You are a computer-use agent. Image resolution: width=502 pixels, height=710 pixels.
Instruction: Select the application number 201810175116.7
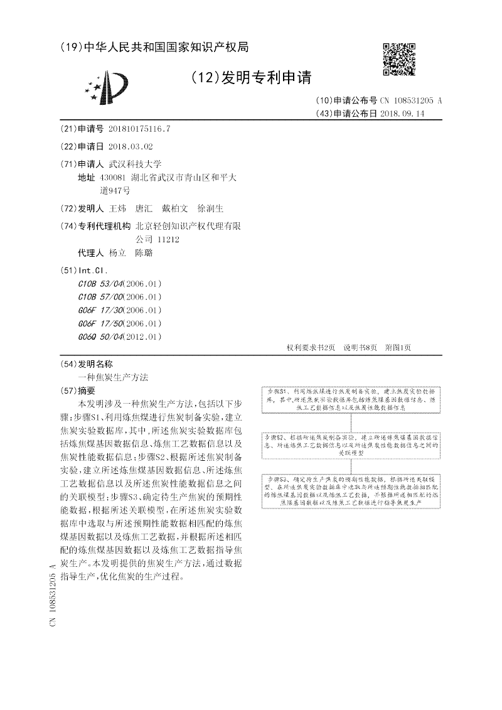(139, 129)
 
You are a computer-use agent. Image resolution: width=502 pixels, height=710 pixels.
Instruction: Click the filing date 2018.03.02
(131, 146)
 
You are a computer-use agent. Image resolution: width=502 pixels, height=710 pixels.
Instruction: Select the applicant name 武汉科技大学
(136, 163)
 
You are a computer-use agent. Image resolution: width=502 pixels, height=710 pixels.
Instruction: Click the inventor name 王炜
(118, 208)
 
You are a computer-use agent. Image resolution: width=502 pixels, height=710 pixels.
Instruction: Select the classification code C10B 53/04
(101, 283)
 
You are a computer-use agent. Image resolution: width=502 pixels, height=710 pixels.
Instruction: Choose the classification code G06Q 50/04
(101, 336)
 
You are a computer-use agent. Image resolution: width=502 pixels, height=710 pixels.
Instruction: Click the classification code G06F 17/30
(101, 310)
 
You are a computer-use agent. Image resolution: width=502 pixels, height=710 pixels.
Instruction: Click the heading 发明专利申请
(252, 78)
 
